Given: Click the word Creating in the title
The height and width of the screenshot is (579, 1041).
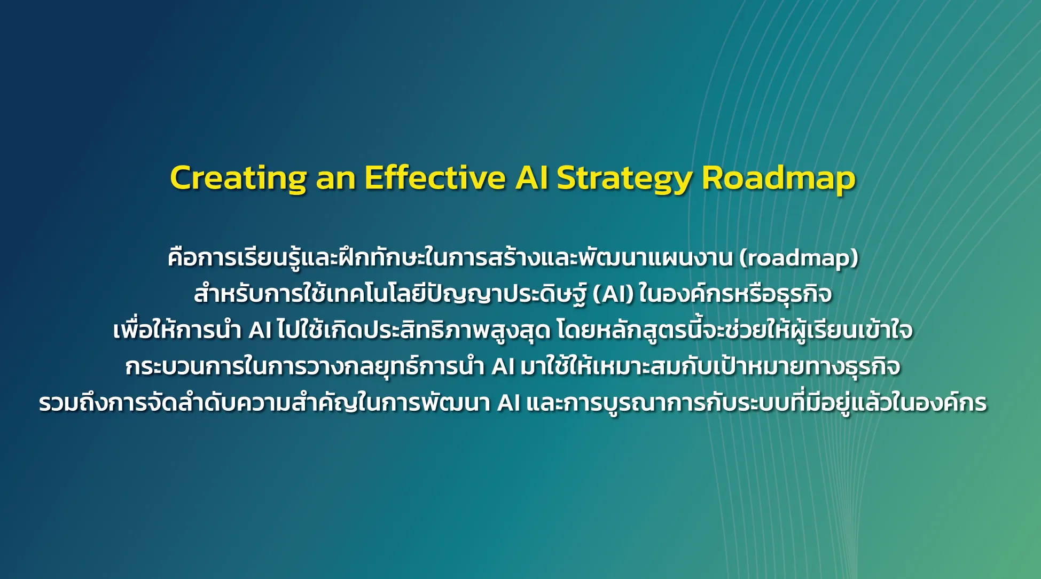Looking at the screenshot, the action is pyautogui.click(x=238, y=178).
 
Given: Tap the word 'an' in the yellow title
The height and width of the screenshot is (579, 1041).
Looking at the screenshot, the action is pyautogui.click(x=336, y=179).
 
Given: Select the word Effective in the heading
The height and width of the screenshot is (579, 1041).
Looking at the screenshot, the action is pyautogui.click(x=435, y=177).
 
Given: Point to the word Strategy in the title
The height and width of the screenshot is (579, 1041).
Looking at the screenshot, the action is pyautogui.click(x=624, y=179).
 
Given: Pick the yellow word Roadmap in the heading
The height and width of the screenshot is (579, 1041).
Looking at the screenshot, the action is pyautogui.click(x=779, y=179).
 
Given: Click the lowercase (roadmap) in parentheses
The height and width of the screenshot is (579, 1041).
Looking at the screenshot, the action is pyautogui.click(x=799, y=259).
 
